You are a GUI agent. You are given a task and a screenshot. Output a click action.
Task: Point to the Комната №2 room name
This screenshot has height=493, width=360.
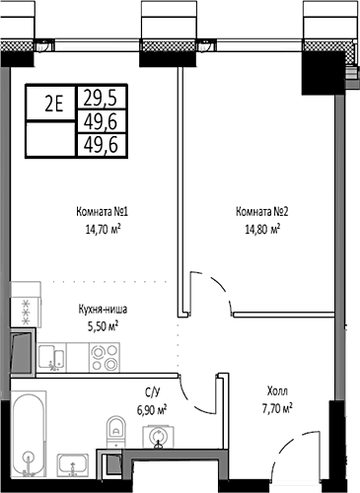point(261,210)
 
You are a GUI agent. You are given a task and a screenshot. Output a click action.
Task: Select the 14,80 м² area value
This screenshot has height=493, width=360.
point(261,227)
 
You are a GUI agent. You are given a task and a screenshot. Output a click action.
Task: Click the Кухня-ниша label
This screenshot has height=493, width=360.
point(103,309)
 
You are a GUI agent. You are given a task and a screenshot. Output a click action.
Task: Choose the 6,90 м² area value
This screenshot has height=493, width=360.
point(151,407)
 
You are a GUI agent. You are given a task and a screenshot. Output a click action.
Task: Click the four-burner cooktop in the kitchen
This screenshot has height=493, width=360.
point(21,308)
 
